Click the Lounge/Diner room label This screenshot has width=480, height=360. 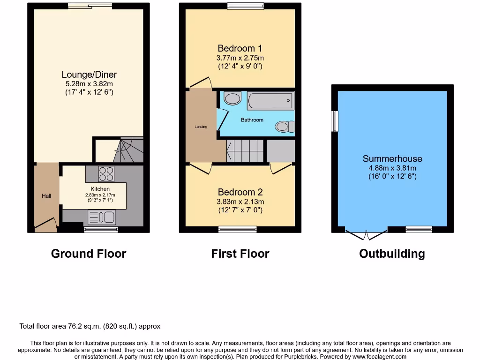pyautogui.click(x=89, y=75)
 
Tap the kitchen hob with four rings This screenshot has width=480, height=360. pyautogui.click(x=106, y=174)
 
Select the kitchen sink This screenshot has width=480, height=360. pyautogui.click(x=102, y=217)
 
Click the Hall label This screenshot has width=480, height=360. pyautogui.click(x=46, y=196)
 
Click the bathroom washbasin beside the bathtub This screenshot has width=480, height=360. pyautogui.click(x=232, y=98)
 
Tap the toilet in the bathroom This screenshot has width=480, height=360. pyautogui.click(x=284, y=126)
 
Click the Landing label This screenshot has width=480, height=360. pyautogui.click(x=201, y=127)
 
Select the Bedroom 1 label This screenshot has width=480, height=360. pyautogui.click(x=240, y=48)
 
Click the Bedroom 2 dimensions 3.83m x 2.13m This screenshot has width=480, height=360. pyautogui.click(x=240, y=202)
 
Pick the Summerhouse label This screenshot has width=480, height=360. pyautogui.click(x=392, y=159)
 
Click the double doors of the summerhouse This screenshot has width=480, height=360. pyautogui.click(x=367, y=232)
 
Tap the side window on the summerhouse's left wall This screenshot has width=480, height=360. pyautogui.click(x=334, y=121)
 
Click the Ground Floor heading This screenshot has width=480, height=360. pyautogui.click(x=89, y=254)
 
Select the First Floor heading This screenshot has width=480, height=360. pyautogui.click(x=240, y=254)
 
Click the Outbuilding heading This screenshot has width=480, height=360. pyautogui.click(x=392, y=254)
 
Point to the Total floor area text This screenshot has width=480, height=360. pyautogui.click(x=90, y=326)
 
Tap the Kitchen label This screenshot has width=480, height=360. pyautogui.click(x=100, y=189)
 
